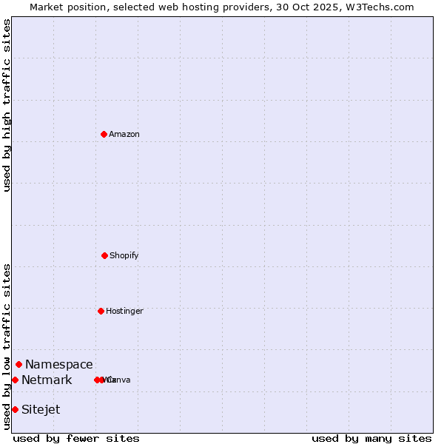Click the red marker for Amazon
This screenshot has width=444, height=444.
pyautogui.click(x=104, y=134)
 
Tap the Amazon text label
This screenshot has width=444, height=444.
pyautogui.click(x=124, y=135)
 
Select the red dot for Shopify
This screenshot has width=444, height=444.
pyautogui.click(x=104, y=255)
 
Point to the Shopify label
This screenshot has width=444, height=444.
pyautogui.click(x=124, y=256)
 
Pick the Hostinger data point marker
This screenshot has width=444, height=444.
pyautogui.click(x=101, y=311)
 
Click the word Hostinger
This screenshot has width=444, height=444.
pyautogui.click(x=124, y=312)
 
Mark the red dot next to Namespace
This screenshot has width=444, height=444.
pyautogui.click(x=18, y=364)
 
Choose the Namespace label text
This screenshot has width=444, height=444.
pyautogui.click(x=59, y=365)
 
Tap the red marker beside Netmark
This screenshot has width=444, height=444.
pyautogui.click(x=15, y=380)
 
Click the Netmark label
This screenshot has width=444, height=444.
pyautogui.click(x=47, y=380)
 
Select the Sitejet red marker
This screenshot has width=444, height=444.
pyautogui.click(x=15, y=409)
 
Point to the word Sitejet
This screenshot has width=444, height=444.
pyautogui.click(x=41, y=410)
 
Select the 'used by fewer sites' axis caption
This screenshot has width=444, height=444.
pyautogui.click(x=76, y=438)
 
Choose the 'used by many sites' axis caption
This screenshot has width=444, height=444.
pyautogui.click(x=371, y=438)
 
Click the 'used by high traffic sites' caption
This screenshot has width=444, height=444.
pyautogui.click(x=7, y=105)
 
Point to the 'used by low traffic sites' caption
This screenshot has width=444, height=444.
pyautogui.click(x=7, y=346)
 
